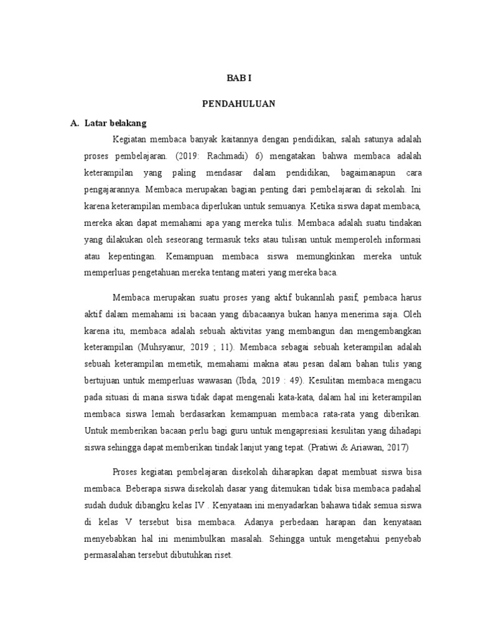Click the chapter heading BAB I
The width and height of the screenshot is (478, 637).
tap(238, 78)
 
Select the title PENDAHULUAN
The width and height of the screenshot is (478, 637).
tap(238, 104)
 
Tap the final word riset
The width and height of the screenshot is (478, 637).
tap(221, 556)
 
